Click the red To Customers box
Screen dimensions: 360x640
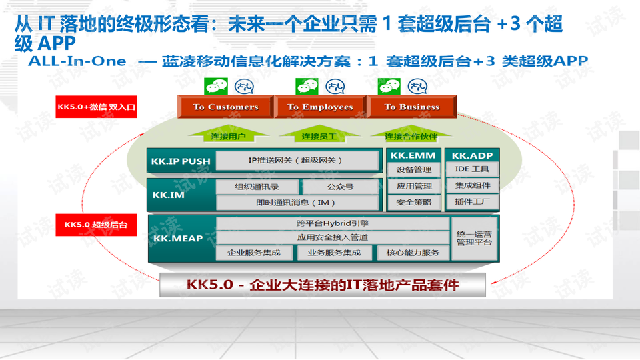coord(225,107)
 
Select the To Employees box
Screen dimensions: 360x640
coord(320,107)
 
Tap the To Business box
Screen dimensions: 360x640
coord(411,107)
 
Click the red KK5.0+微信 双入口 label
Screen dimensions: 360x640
coord(96,107)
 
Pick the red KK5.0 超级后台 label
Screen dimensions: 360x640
coord(96,225)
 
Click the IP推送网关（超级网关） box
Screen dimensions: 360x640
coord(298,161)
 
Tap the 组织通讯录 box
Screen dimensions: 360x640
coord(257,187)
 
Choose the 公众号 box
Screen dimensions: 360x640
coord(340,187)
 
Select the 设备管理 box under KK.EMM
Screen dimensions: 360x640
coord(414,170)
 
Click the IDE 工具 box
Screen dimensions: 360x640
coord(472,170)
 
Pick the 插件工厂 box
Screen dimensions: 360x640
coord(472,202)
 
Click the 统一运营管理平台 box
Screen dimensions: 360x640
coord(474,238)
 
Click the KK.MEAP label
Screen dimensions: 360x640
coord(177,238)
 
